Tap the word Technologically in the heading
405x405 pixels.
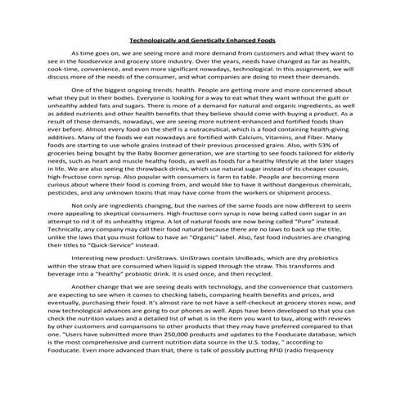click(x=155, y=38)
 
